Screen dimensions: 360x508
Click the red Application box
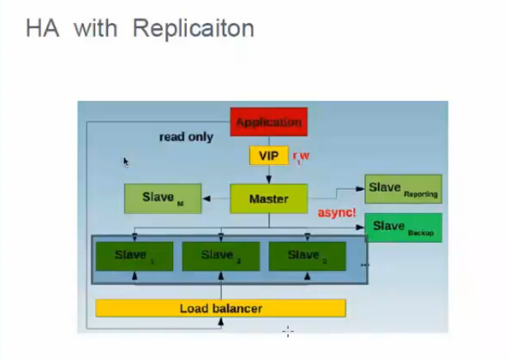click(x=268, y=123)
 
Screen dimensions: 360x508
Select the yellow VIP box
click(x=268, y=155)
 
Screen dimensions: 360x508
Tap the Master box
click(x=268, y=198)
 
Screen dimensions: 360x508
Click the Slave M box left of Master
click(x=163, y=198)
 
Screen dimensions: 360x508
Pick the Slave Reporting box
click(x=403, y=188)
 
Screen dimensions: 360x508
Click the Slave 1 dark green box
click(x=134, y=256)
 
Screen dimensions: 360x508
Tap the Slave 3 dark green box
click(x=306, y=256)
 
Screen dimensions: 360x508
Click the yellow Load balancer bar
click(x=220, y=308)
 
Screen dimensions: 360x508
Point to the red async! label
click(x=337, y=213)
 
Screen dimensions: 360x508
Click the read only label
click(x=186, y=137)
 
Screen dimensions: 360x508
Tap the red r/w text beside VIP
click(x=300, y=156)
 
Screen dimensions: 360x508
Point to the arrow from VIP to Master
click(x=268, y=175)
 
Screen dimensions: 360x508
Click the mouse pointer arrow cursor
click(x=126, y=161)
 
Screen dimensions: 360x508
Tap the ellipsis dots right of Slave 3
click(x=365, y=265)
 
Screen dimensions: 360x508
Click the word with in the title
click(x=95, y=29)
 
